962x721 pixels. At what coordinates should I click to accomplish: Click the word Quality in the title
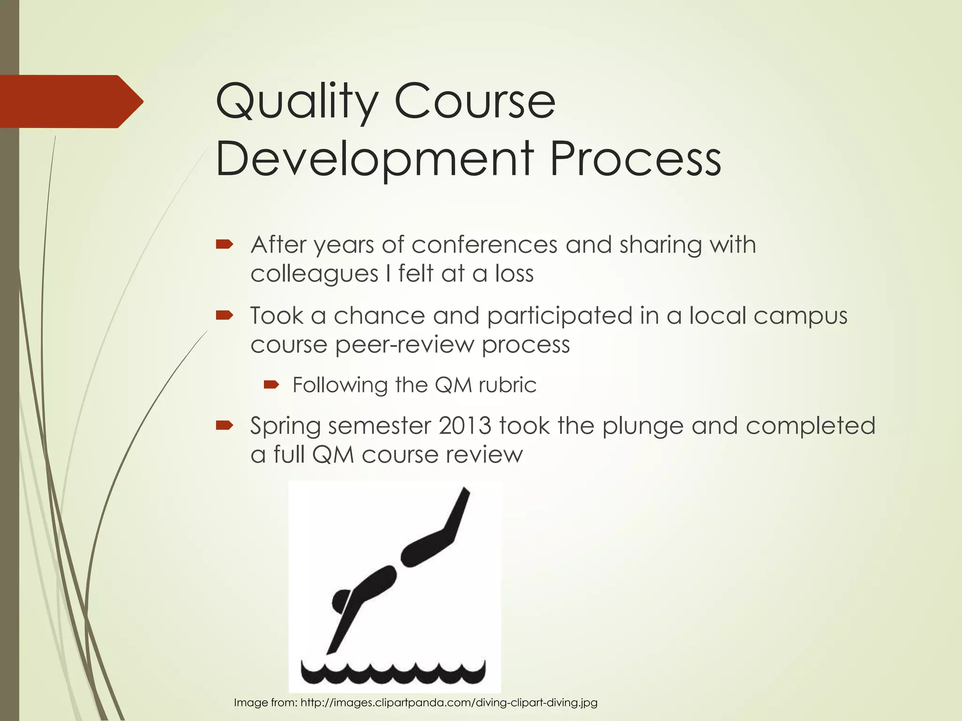point(296,102)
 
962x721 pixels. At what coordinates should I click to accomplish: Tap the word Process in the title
point(635,160)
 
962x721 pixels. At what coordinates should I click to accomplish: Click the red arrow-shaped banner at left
point(70,101)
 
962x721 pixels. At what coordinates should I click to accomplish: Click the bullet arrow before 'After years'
point(224,244)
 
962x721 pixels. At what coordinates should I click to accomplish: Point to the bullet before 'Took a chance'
point(224,315)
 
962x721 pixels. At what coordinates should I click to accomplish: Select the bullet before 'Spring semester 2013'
point(224,425)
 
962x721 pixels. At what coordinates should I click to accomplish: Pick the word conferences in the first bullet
point(484,245)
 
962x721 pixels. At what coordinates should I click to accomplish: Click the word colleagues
point(314,274)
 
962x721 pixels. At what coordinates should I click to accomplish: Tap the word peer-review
point(404,345)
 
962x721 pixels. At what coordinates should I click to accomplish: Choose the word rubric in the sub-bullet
point(507,385)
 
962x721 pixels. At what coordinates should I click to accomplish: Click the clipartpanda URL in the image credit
point(449,703)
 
